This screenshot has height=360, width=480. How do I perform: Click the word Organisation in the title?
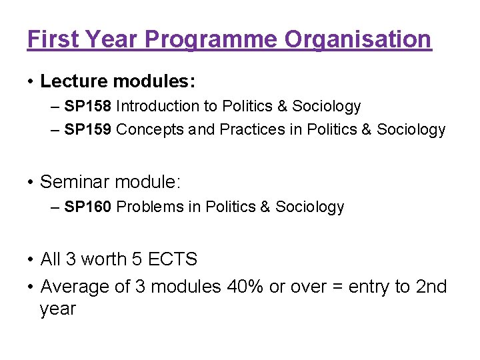pos(358,40)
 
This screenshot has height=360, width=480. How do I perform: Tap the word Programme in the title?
pos(211,40)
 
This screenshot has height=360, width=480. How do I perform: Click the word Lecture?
pos(73,82)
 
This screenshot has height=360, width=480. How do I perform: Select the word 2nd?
pos(431,287)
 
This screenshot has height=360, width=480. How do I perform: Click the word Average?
pos(73,287)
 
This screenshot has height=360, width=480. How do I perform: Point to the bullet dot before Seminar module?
pos(31,182)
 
